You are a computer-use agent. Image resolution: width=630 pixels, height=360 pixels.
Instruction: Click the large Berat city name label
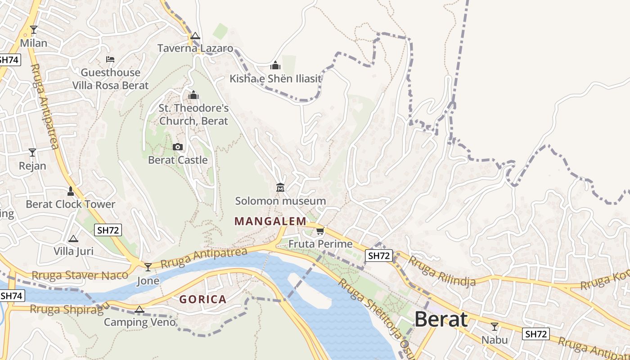coord(441,319)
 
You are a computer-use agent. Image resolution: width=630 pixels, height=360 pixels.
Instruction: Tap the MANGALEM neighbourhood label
coord(270,221)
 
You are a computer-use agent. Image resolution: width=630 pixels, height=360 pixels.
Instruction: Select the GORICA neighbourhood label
coord(202,299)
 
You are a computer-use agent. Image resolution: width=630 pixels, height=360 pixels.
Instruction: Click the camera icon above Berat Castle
coord(178,147)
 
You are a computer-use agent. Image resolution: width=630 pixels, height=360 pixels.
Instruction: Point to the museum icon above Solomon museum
coord(280,187)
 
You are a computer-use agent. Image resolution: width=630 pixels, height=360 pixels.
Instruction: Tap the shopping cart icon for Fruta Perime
coord(320,231)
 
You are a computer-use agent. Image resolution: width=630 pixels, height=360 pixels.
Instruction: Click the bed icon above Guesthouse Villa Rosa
coord(110,59)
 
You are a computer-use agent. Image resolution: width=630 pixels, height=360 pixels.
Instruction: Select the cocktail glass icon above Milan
coord(34,30)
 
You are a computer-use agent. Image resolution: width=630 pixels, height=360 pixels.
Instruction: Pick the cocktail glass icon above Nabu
coord(495,327)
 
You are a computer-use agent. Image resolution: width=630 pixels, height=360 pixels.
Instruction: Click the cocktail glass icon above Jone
coord(148,267)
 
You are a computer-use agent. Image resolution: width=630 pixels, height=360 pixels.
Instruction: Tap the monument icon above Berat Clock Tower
coord(70,191)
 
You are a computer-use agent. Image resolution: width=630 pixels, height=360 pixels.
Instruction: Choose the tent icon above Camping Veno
coord(139,310)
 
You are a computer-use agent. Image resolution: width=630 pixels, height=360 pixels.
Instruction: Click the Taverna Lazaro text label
coord(195,48)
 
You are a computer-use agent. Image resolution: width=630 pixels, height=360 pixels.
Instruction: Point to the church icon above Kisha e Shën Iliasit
coord(275,66)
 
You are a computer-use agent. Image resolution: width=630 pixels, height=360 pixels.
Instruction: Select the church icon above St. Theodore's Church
coord(193,95)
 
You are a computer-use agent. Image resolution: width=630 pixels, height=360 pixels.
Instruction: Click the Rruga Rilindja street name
coord(441,271)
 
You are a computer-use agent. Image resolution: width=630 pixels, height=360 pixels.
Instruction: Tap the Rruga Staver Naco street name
coord(80,275)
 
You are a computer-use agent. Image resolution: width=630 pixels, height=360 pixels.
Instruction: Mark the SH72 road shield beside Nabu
coord(535,334)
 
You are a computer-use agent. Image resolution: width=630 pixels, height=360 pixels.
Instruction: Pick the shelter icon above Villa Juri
coord(73,238)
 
